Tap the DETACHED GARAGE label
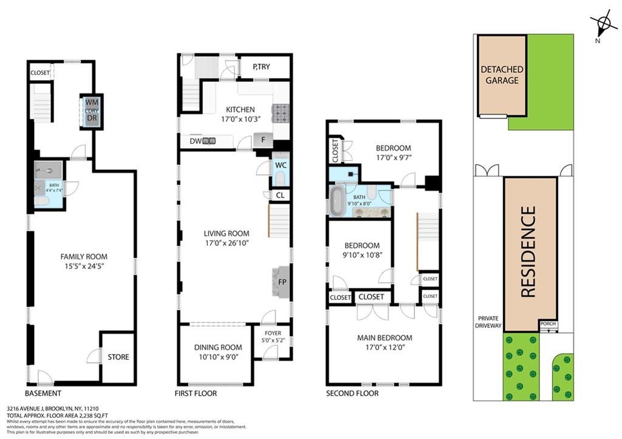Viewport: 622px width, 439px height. tap(502, 75)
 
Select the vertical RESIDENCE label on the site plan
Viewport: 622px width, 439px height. tap(529, 251)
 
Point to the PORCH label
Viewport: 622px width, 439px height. tap(548, 324)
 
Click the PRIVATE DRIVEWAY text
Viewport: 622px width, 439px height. tap(489, 322)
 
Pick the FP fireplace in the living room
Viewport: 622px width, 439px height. tap(282, 282)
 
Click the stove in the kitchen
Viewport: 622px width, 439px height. tap(281, 113)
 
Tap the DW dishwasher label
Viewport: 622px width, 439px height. tap(196, 141)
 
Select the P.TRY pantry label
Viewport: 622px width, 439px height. tap(262, 67)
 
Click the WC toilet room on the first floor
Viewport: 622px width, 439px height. tap(281, 171)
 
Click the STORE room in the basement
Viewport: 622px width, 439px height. tap(118, 357)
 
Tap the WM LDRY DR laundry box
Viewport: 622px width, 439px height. tap(92, 111)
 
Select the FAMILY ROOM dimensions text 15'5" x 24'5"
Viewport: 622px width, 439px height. tap(83, 266)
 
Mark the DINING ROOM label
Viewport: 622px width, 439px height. tap(217, 347)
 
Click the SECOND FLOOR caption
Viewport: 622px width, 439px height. tap(352, 393)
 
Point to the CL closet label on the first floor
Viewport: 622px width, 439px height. tap(280, 196)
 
